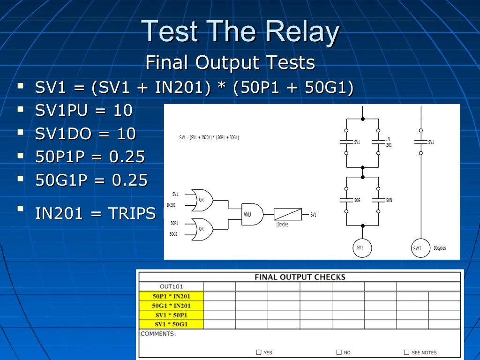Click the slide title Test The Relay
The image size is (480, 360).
[x=240, y=32]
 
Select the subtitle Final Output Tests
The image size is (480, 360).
[x=230, y=62]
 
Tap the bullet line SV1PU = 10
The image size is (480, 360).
[x=84, y=111]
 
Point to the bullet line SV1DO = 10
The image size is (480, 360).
[x=85, y=134]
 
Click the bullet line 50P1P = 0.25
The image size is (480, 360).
[x=90, y=157]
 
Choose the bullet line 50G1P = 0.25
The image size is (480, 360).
[x=91, y=180]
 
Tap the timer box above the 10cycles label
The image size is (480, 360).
[x=287, y=214]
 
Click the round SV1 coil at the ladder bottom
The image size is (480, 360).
[x=362, y=247]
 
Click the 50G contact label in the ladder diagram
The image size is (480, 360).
[x=357, y=200]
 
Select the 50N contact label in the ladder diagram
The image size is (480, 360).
[x=389, y=200]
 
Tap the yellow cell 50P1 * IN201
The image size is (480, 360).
[x=171, y=296]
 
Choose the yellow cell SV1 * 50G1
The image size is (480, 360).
[x=171, y=324]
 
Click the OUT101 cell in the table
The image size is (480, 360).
[x=171, y=286]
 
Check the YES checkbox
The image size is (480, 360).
[x=259, y=352]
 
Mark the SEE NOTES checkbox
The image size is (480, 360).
[x=407, y=352]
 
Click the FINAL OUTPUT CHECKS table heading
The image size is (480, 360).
[x=300, y=277]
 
